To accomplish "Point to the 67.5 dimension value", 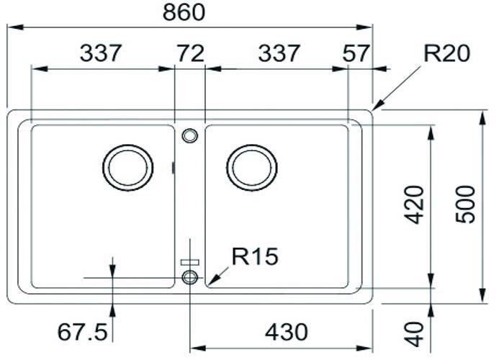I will pos(82,333).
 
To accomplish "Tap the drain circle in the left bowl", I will pos(129,168).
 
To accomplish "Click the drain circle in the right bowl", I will pos(251,168).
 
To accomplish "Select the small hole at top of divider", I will pos(190,135).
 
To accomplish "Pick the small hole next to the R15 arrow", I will pos(190,277).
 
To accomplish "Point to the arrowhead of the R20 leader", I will pos(376,107).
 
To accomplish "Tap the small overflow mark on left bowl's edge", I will pos(174,168).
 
